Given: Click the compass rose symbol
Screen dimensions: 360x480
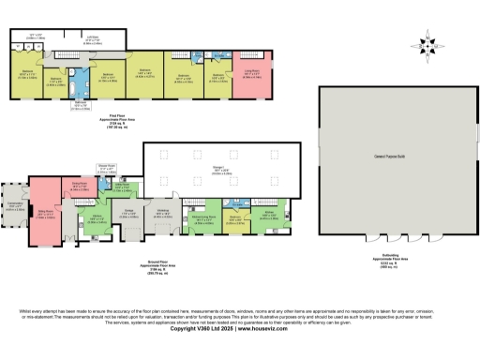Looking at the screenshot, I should click(x=429, y=43).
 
